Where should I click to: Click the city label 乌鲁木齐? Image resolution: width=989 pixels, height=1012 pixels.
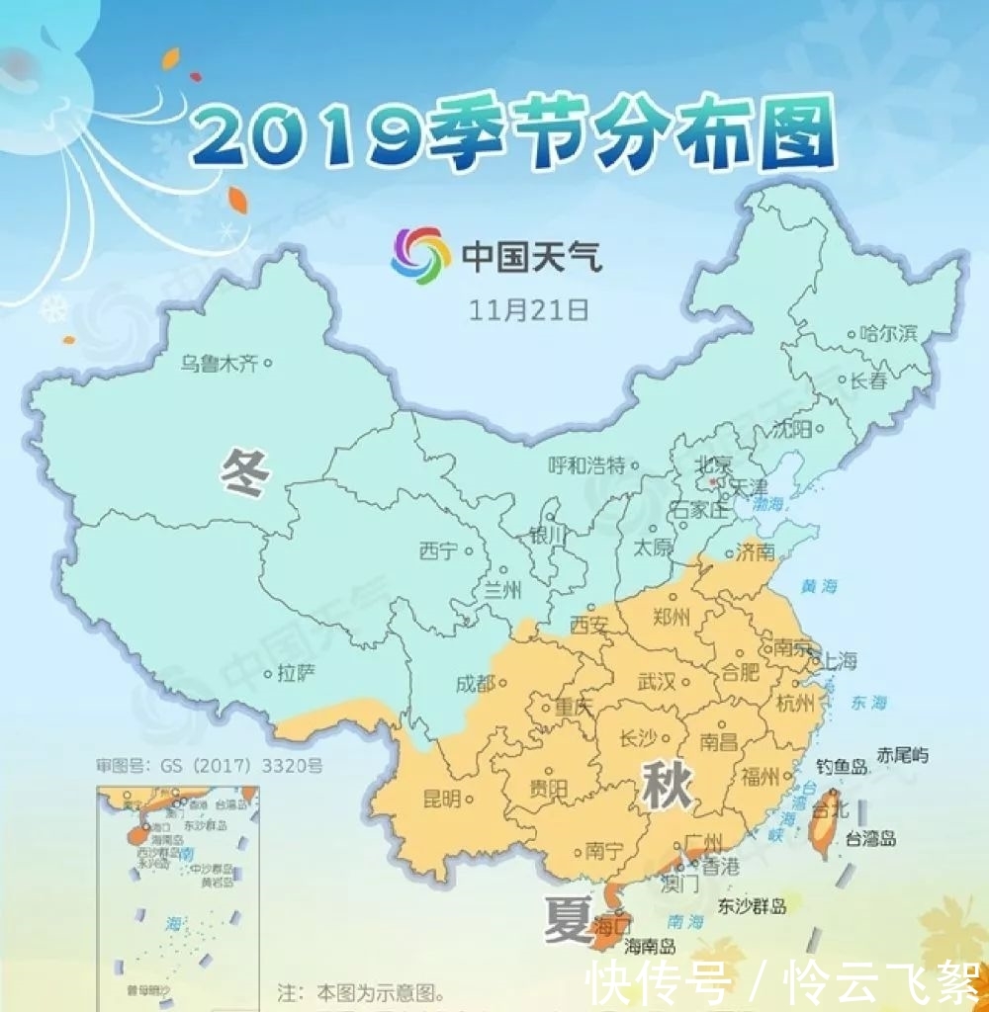click(x=219, y=364)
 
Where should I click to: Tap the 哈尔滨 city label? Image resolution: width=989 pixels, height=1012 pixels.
click(x=889, y=334)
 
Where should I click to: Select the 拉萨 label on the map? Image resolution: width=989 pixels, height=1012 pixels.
click(x=296, y=675)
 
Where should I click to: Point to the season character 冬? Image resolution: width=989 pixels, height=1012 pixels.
click(x=245, y=472)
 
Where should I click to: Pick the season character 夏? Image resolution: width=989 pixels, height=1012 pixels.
click(x=567, y=920)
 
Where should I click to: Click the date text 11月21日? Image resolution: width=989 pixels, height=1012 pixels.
click(x=529, y=309)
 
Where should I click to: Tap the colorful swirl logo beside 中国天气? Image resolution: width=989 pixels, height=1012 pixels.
click(x=420, y=256)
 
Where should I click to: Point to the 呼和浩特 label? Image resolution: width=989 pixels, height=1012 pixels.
click(x=587, y=465)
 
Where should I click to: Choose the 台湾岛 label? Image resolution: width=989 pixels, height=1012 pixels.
click(x=870, y=839)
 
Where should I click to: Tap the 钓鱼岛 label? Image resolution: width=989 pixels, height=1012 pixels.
click(x=842, y=766)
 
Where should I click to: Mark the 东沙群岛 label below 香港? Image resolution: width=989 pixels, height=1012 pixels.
click(x=753, y=906)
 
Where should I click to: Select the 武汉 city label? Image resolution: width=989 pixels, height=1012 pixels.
click(x=657, y=682)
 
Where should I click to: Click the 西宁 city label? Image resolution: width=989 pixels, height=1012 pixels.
click(x=438, y=550)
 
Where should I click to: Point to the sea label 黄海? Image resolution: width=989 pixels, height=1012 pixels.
click(x=819, y=586)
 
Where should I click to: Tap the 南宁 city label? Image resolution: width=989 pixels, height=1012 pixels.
click(x=603, y=848)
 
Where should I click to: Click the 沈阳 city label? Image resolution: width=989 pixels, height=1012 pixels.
click(x=792, y=429)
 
